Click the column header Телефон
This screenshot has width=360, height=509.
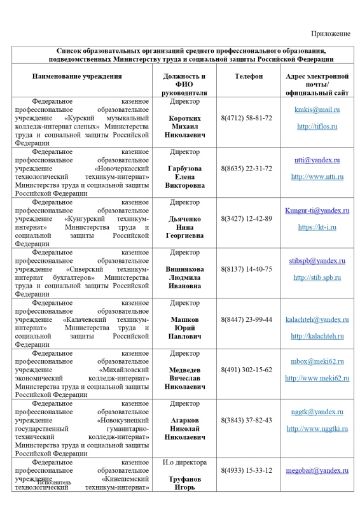coord(248,76)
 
